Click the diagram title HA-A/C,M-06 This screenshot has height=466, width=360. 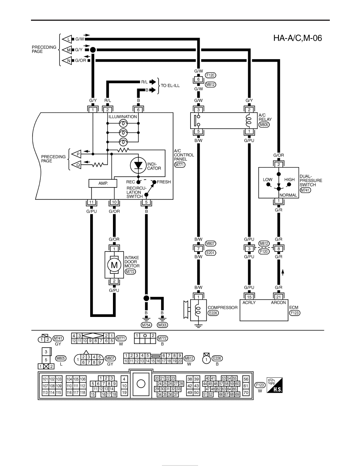(x=297, y=38)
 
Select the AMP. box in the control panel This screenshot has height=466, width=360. (x=103, y=183)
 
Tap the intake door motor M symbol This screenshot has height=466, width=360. (x=114, y=265)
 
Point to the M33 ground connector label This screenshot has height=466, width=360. (x=162, y=325)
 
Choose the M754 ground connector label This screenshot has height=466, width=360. (x=146, y=325)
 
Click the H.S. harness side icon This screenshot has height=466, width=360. (x=275, y=385)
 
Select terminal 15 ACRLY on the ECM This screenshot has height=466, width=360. (x=249, y=297)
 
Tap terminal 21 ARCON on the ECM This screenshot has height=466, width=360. (x=278, y=297)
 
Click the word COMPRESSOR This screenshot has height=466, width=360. (x=222, y=308)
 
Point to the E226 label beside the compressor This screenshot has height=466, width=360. (x=213, y=313)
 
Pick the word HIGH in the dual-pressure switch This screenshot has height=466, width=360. (x=289, y=180)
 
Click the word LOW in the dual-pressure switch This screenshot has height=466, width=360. (x=267, y=180)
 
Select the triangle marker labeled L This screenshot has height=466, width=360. (x=67, y=39)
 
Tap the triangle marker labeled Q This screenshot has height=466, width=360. (x=77, y=164)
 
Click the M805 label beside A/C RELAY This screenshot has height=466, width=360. (x=264, y=124)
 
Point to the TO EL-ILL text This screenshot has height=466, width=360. (x=170, y=86)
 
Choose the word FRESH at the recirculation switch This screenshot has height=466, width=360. (x=164, y=182)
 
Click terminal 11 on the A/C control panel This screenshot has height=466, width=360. (x=91, y=202)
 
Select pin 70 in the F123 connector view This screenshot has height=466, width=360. (x=246, y=392)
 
